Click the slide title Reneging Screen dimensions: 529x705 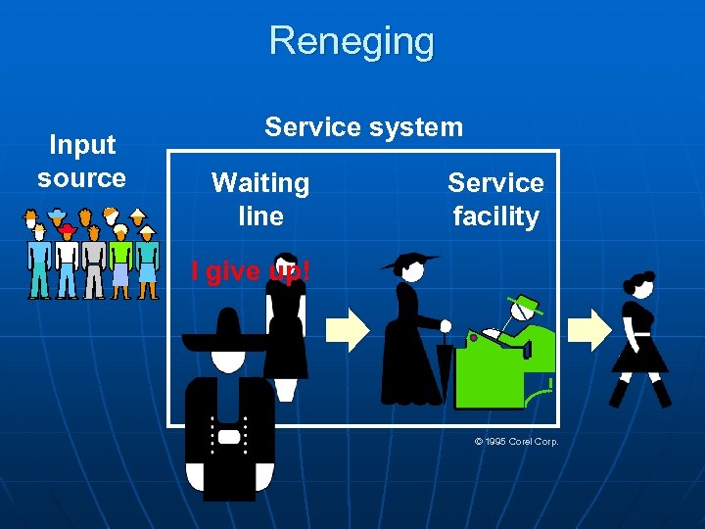(352, 42)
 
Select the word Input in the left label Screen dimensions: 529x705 (82, 145)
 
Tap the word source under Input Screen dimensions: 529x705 (82, 178)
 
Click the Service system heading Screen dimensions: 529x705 (363, 126)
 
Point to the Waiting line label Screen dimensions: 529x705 (260, 199)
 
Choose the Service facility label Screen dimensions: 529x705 (495, 199)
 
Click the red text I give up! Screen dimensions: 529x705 (251, 270)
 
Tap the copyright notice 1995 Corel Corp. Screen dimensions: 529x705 (516, 442)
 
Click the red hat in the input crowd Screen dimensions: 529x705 (68, 229)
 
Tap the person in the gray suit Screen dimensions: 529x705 (94, 264)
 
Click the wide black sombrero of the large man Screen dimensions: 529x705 (227, 339)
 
